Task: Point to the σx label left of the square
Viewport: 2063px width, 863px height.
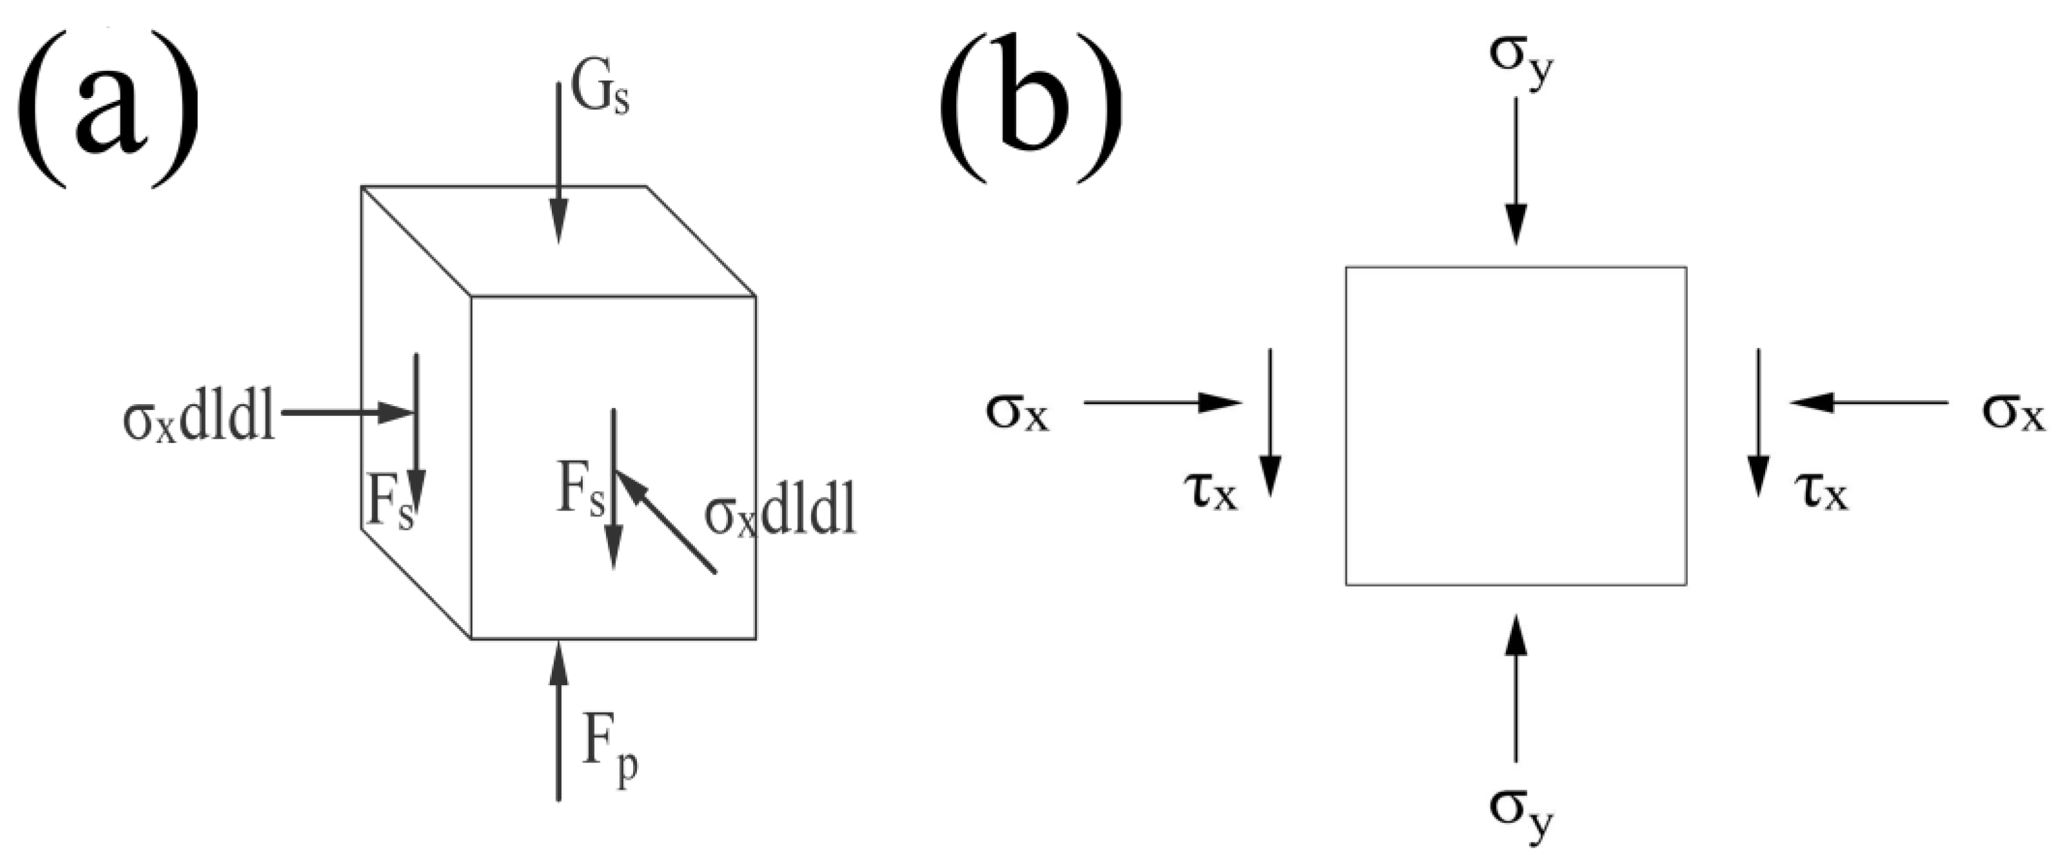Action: pos(1017,413)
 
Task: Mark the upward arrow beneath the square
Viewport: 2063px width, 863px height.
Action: pos(1515,688)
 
